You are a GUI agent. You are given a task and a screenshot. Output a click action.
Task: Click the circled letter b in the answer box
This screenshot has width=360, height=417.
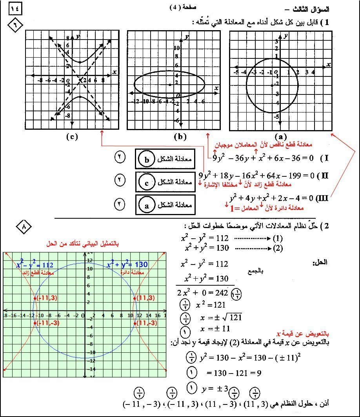point(147,160)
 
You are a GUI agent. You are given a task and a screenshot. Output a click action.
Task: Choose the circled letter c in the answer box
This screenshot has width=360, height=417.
point(147,182)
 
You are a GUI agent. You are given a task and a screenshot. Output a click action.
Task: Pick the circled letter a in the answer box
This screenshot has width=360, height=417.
point(147,205)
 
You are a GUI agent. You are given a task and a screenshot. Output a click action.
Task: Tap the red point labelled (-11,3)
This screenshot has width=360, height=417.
point(35,298)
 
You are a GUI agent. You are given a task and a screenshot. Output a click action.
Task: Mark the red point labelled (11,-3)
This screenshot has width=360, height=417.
point(135,323)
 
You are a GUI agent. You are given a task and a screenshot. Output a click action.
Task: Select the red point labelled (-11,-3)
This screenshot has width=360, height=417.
point(35,323)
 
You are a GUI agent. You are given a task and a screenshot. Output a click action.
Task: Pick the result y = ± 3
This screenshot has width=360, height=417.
point(214,389)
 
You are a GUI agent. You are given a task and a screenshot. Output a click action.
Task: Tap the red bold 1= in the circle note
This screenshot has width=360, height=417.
point(235,208)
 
